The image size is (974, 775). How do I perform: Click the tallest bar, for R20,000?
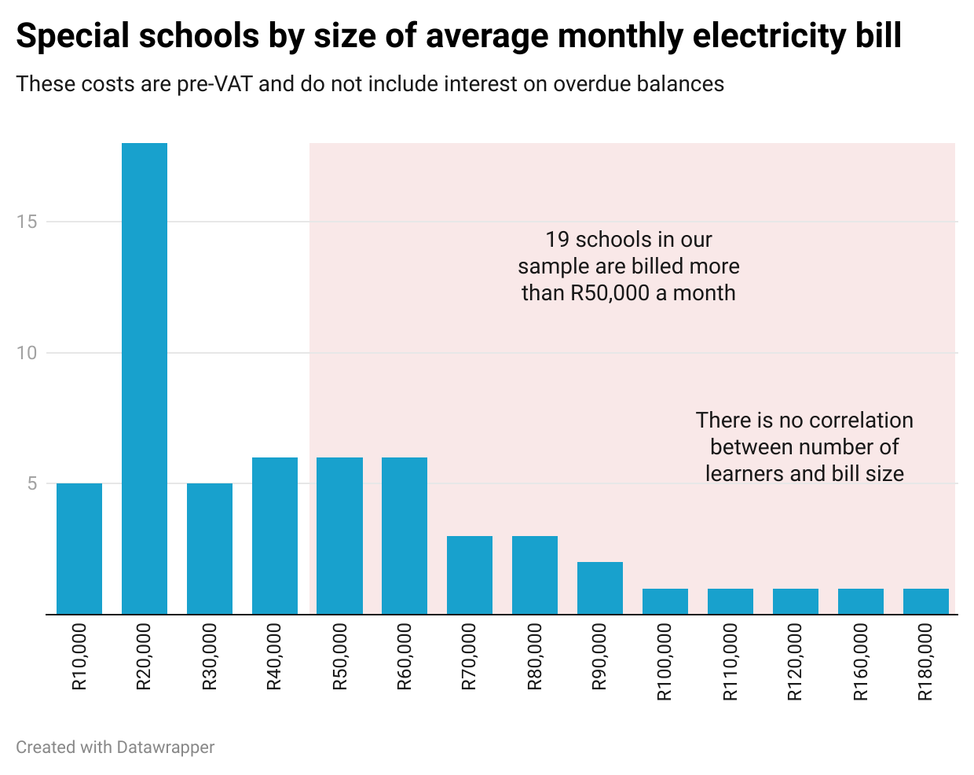145,378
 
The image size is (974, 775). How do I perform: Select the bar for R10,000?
79,548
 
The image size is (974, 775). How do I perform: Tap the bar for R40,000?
275,535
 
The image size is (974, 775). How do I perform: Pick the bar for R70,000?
470,575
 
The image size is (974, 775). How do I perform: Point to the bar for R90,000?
600,587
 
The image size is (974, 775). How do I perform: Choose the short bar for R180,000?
926,601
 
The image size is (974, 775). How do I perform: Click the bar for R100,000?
665,601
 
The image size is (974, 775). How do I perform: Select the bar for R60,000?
405,535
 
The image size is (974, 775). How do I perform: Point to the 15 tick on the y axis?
27,222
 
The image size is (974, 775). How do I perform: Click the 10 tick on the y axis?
27,353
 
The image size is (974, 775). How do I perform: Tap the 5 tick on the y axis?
31,483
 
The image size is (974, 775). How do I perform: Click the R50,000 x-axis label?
340,657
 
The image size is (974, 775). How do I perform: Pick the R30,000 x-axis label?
210,657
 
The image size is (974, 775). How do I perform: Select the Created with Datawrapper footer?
115,747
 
